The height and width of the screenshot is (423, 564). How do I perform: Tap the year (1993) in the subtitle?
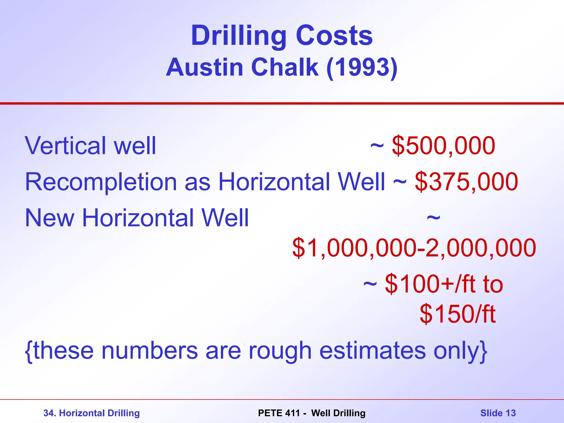pos(362,67)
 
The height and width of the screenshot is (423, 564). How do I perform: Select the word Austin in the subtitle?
pos(205,67)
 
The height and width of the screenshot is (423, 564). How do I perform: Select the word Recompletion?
pos(101,181)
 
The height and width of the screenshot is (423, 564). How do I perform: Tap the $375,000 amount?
pos(467,181)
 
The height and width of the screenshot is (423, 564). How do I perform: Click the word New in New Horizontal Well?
pos(50,218)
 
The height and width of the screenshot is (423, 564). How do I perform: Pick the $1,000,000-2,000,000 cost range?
pos(414,248)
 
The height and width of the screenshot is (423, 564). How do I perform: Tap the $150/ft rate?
pos(457,314)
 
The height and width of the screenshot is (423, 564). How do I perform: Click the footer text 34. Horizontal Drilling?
pos(91,413)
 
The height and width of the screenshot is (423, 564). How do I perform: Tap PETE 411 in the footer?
pos(279,413)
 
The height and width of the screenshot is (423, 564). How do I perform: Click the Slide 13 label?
pos(498,413)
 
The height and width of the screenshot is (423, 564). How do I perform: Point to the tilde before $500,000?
pos(377,146)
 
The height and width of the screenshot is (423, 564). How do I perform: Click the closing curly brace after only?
pos(484,351)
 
